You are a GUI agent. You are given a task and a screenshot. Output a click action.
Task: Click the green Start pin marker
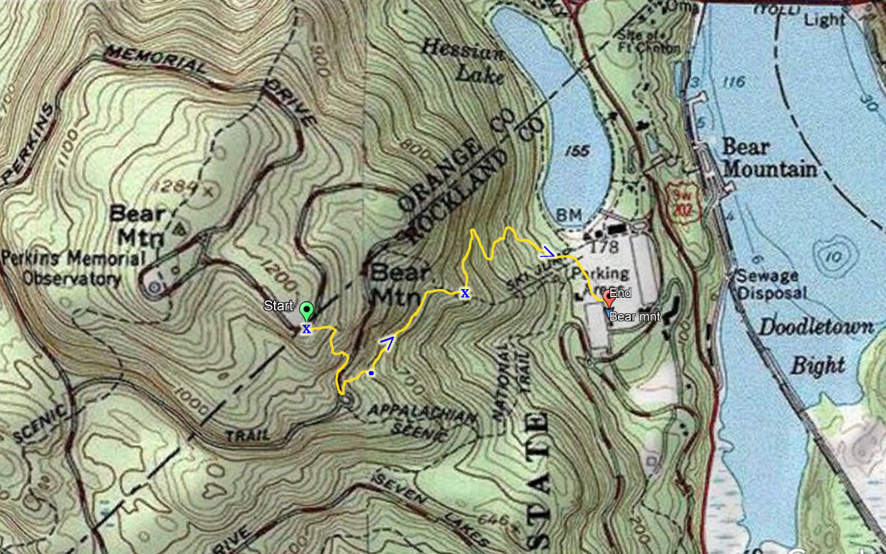pos(307,311)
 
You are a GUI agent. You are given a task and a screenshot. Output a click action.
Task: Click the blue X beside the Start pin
pos(306,329)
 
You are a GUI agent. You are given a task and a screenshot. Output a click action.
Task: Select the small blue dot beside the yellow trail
pos(371,372)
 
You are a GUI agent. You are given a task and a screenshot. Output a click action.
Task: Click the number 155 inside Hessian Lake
pos(578,151)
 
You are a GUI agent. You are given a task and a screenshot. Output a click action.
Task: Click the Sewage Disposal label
pos(770,284)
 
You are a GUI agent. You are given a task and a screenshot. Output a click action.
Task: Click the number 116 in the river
pos(734,82)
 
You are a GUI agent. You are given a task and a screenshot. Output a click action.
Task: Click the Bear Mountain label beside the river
pos(769,158)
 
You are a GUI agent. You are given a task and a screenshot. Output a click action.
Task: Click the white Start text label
pos(278,307)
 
